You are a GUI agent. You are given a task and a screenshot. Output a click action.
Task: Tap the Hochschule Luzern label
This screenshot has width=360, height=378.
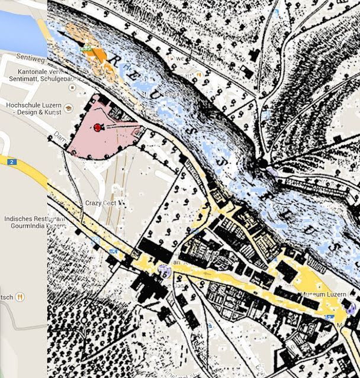pos(30,105)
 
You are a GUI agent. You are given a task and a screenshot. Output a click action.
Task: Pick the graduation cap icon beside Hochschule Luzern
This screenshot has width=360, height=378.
pos(69,108)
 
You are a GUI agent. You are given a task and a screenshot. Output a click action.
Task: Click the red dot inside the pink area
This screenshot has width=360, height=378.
pos(97,127)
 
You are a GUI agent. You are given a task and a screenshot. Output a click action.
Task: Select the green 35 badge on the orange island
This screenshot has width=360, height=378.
pos(86,48)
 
